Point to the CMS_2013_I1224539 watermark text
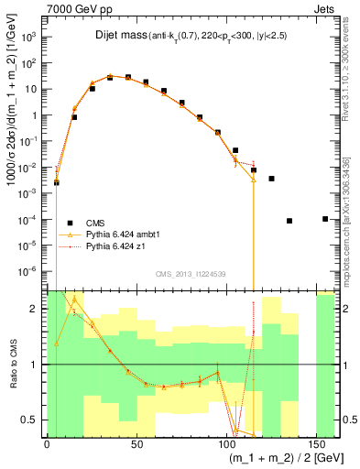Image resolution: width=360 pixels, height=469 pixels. click(x=191, y=273)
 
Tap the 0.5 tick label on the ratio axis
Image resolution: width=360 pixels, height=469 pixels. click(x=29, y=420)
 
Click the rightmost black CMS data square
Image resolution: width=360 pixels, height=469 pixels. click(x=325, y=219)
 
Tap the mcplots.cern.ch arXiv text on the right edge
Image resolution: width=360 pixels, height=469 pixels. click(x=354, y=211)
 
